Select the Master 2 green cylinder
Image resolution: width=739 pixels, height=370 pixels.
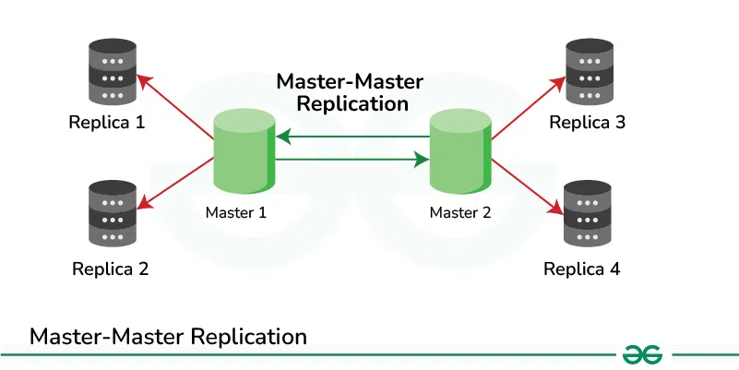(x=459, y=149)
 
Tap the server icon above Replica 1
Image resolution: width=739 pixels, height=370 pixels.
(x=111, y=74)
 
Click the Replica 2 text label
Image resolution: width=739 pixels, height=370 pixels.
(x=110, y=269)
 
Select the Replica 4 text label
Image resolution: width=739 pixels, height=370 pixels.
(x=582, y=269)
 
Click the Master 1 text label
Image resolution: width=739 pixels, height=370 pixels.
(x=236, y=212)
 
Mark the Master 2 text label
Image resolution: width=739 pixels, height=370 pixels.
(x=460, y=212)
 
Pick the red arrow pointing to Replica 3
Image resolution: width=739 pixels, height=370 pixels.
(x=528, y=109)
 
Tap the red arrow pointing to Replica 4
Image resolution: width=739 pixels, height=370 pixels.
(x=528, y=185)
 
